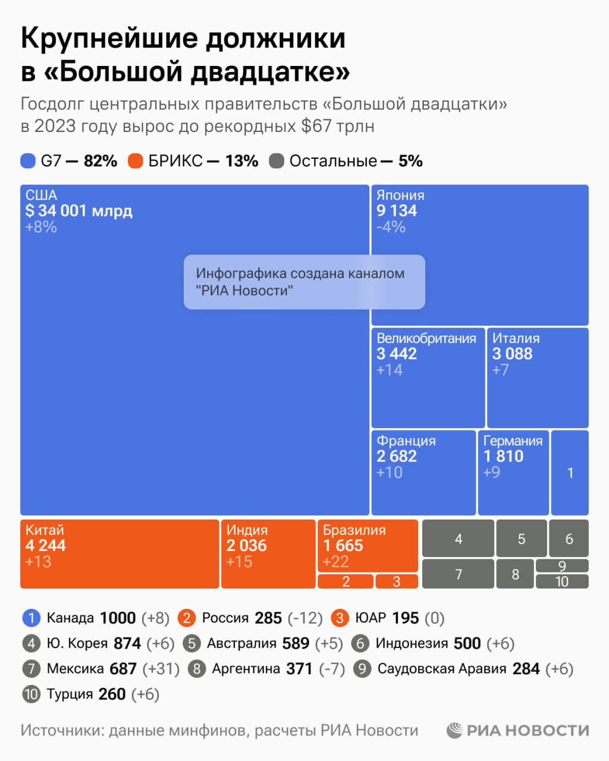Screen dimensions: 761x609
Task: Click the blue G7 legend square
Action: (x=28, y=161)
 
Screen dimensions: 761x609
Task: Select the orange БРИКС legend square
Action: (x=136, y=161)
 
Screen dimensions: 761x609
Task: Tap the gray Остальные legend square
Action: (x=277, y=161)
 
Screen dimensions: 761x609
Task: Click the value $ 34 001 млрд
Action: (x=79, y=210)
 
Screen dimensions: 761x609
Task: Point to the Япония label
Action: (x=400, y=195)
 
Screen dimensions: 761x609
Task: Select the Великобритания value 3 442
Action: (x=397, y=354)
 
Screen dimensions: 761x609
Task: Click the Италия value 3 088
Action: (x=512, y=354)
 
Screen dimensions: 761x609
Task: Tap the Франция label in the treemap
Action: (x=406, y=441)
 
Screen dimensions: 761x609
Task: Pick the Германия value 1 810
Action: (x=503, y=456)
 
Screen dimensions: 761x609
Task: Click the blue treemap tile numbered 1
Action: (x=570, y=473)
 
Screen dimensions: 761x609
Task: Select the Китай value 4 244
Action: (x=46, y=545)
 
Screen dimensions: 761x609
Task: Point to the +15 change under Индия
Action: (x=239, y=561)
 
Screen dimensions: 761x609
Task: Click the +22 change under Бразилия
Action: (x=335, y=561)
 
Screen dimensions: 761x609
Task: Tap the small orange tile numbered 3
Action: (x=397, y=581)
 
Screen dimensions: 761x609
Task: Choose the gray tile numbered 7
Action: (x=458, y=574)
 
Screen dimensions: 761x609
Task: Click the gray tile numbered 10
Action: (x=562, y=581)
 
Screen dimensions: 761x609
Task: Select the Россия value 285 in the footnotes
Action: (x=268, y=618)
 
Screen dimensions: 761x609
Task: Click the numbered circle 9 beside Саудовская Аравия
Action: (x=362, y=669)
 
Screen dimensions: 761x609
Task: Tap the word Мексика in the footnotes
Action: (x=75, y=669)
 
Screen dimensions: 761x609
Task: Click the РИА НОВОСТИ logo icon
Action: (x=455, y=730)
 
